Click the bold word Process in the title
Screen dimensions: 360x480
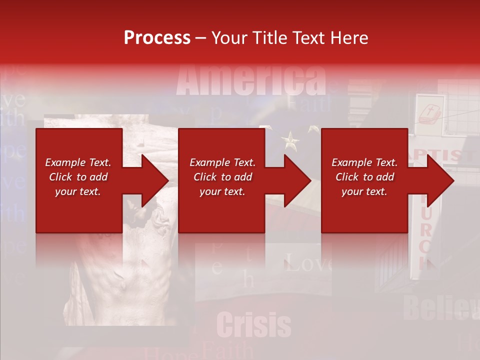pyautogui.click(x=157, y=37)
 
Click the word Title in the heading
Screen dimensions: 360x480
pyautogui.click(x=266, y=37)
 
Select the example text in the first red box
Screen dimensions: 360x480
pyautogui.click(x=78, y=177)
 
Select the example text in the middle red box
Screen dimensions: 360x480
pyautogui.click(x=222, y=177)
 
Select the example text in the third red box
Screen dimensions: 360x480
pyautogui.click(x=364, y=177)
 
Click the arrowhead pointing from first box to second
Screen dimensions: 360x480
pyautogui.click(x=154, y=180)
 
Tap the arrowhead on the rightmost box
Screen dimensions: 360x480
pyautogui.click(x=440, y=180)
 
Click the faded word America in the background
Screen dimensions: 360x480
pyautogui.click(x=251, y=80)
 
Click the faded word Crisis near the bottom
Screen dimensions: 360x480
pyautogui.click(x=254, y=325)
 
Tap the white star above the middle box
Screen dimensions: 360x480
pyautogui.click(x=290, y=140)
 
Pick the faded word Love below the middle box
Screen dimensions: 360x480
pyautogui.click(x=308, y=263)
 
